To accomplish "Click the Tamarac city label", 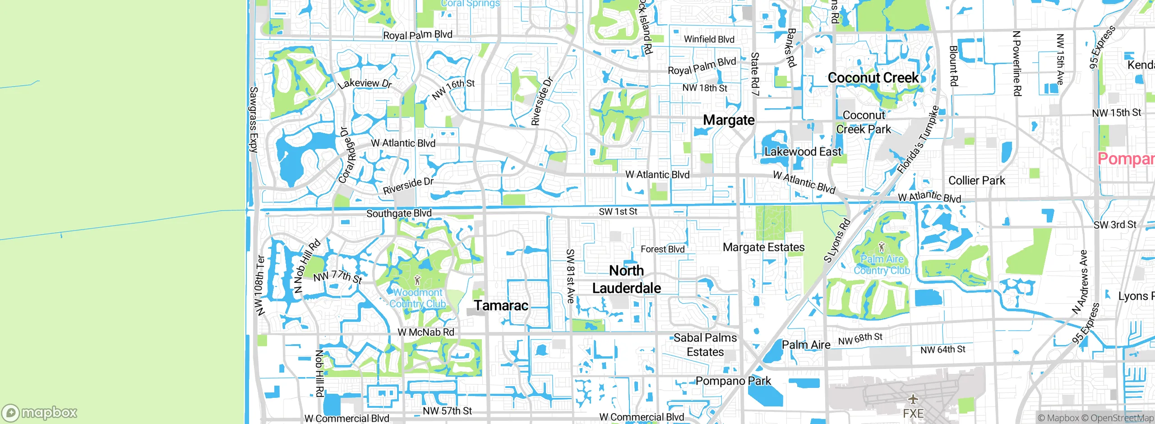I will (x=501, y=305).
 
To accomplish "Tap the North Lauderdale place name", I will (x=626, y=279).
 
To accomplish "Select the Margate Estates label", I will (x=763, y=247).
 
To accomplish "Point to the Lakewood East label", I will (x=803, y=152).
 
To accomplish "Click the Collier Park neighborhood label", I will (x=976, y=180).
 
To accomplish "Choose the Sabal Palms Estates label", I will (x=705, y=345).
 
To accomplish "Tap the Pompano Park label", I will (x=733, y=381).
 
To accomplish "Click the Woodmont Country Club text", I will (x=418, y=298).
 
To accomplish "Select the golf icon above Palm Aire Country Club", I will (x=882, y=247).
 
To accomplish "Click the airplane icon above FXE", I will (x=913, y=399).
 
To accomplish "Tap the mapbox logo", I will (x=40, y=412).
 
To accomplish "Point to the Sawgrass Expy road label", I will (x=254, y=120).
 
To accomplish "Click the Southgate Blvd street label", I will (x=399, y=213).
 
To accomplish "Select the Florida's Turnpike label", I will (x=918, y=140).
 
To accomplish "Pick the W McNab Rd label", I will (x=426, y=332).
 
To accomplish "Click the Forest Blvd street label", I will (x=662, y=249).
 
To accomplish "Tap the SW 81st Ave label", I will (x=570, y=276).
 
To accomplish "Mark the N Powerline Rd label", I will (x=1017, y=63).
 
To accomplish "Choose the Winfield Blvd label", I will (x=709, y=39).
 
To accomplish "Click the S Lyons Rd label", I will (x=837, y=240).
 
